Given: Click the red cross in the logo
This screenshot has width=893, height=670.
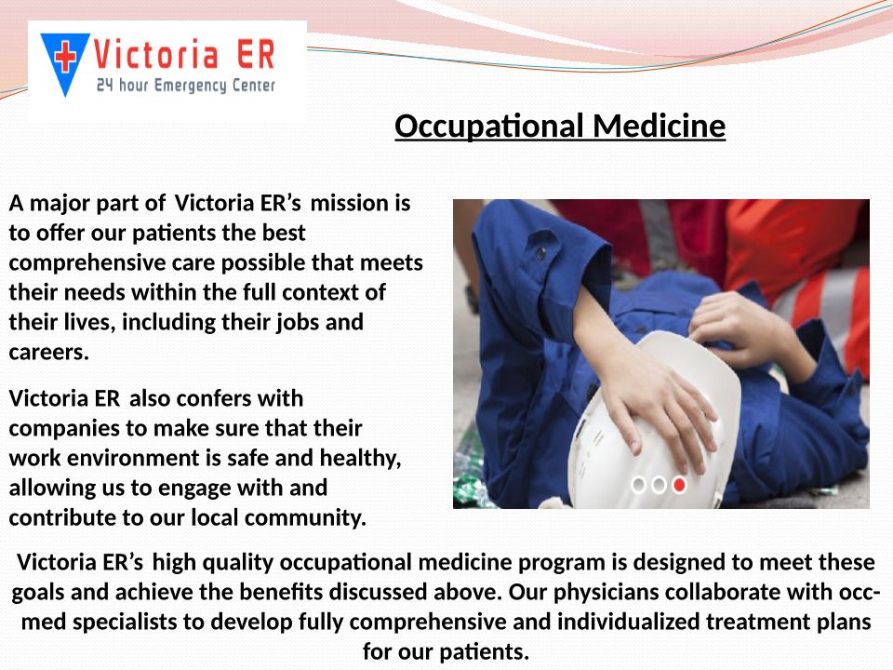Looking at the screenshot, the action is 65,58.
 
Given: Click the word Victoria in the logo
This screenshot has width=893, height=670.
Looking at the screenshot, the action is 155,55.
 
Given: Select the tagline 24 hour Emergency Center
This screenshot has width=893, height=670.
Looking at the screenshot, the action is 186,86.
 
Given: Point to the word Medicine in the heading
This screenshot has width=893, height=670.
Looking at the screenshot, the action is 659,126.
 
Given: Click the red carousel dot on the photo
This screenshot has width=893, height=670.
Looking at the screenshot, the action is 679,485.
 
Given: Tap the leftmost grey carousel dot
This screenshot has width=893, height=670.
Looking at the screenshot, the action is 639,485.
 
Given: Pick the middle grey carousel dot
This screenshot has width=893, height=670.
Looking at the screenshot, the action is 659,485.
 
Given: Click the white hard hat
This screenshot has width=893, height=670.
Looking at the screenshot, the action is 655,422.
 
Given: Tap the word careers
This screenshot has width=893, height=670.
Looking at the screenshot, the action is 49,352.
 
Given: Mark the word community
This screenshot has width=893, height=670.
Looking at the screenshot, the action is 305,518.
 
